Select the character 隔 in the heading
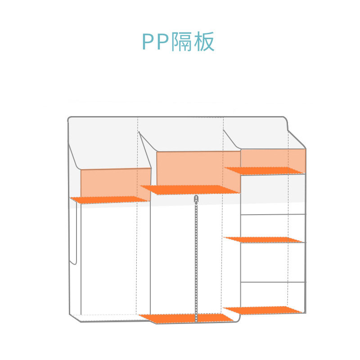click(x=182, y=41)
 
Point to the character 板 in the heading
click(x=204, y=41)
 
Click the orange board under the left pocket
click(x=109, y=200)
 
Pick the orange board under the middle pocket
click(x=190, y=189)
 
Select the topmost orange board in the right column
click(x=264, y=171)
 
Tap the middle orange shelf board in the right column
click(x=263, y=239)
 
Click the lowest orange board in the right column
click(x=263, y=310)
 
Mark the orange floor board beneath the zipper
click(x=186, y=318)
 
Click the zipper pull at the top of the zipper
click(x=196, y=199)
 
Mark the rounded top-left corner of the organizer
click(x=69, y=119)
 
